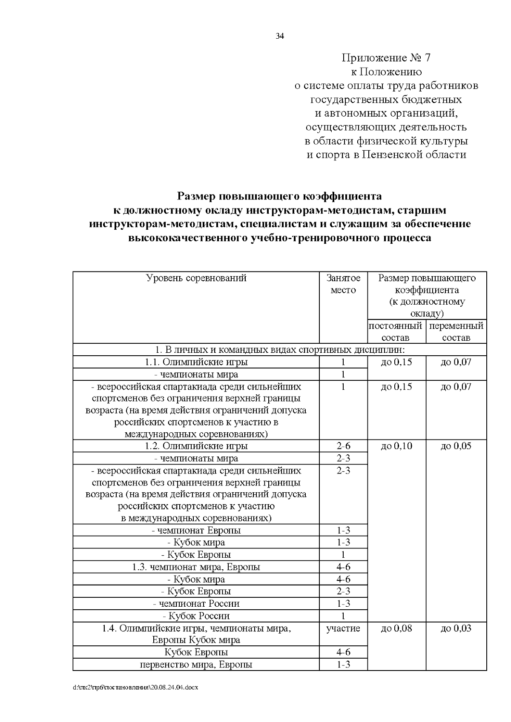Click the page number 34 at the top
point(279,36)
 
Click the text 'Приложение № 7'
point(387,58)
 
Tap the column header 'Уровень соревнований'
point(196,278)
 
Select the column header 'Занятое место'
point(343,284)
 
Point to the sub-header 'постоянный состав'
point(396,332)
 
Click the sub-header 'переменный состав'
point(456,332)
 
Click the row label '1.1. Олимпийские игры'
point(196,362)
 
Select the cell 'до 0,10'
point(396,446)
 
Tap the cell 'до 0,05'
point(456,446)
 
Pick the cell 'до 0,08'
point(396,628)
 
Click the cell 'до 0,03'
point(456,628)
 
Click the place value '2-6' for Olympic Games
point(343,446)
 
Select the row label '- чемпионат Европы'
point(196,530)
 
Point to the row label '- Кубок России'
point(196,616)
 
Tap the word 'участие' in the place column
point(343,628)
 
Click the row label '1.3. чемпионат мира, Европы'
point(196,567)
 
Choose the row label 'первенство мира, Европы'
point(196,665)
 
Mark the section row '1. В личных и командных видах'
point(279,350)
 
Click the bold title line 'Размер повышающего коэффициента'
point(279,197)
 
